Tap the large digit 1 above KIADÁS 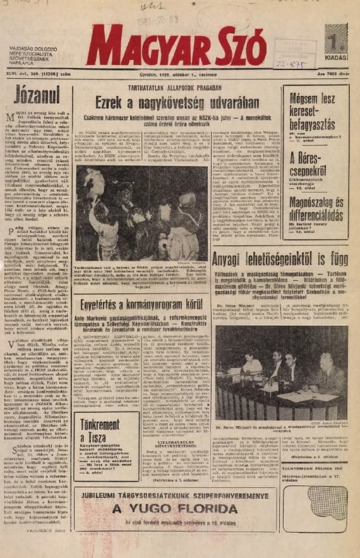[335, 41]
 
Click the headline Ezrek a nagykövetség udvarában [175, 105]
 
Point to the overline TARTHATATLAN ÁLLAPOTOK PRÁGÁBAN [175, 87]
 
